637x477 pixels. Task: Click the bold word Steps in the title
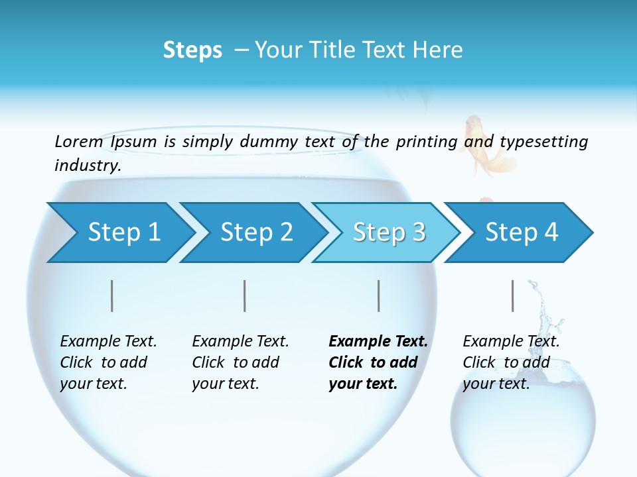point(192,50)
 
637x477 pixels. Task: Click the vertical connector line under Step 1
point(112,295)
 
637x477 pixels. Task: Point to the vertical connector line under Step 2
point(245,295)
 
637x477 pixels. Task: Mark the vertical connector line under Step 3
point(379,295)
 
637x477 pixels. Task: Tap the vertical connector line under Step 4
point(513,295)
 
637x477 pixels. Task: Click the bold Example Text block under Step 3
point(378,362)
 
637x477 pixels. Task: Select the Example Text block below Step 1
point(108,362)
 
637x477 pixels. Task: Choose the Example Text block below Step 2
point(240,362)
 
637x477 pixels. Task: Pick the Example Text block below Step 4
point(511,362)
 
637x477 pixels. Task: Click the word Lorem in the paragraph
point(79,141)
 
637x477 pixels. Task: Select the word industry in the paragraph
point(88,166)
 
